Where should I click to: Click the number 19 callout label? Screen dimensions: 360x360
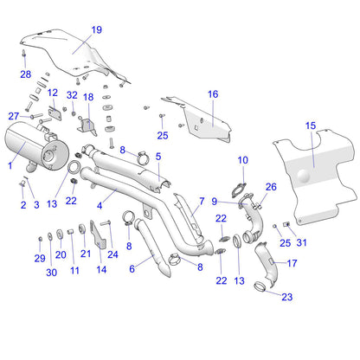point(96,30)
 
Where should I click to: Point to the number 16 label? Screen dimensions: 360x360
point(212,93)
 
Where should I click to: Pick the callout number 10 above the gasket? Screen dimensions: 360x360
point(243,159)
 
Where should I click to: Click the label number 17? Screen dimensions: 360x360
point(292,263)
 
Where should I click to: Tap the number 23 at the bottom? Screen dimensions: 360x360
point(287,297)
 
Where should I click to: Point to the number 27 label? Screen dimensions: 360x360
point(14,115)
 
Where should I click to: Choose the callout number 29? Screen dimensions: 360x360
point(39,259)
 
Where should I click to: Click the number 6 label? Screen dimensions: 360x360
point(132,269)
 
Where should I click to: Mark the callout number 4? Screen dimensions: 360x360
point(100,205)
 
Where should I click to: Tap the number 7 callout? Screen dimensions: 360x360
point(202,200)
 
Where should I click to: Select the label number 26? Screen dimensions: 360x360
point(271,186)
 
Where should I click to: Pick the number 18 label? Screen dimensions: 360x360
point(87,99)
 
